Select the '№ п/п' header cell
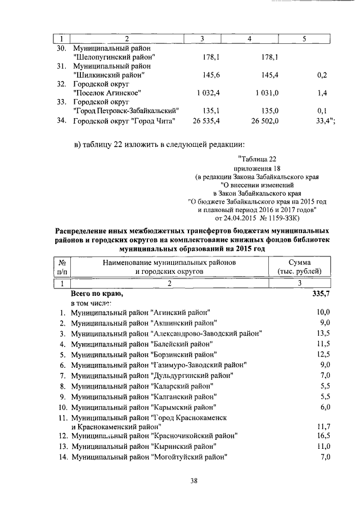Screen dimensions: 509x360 click(x=62, y=267)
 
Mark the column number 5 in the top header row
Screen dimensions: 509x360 click(x=304, y=38)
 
